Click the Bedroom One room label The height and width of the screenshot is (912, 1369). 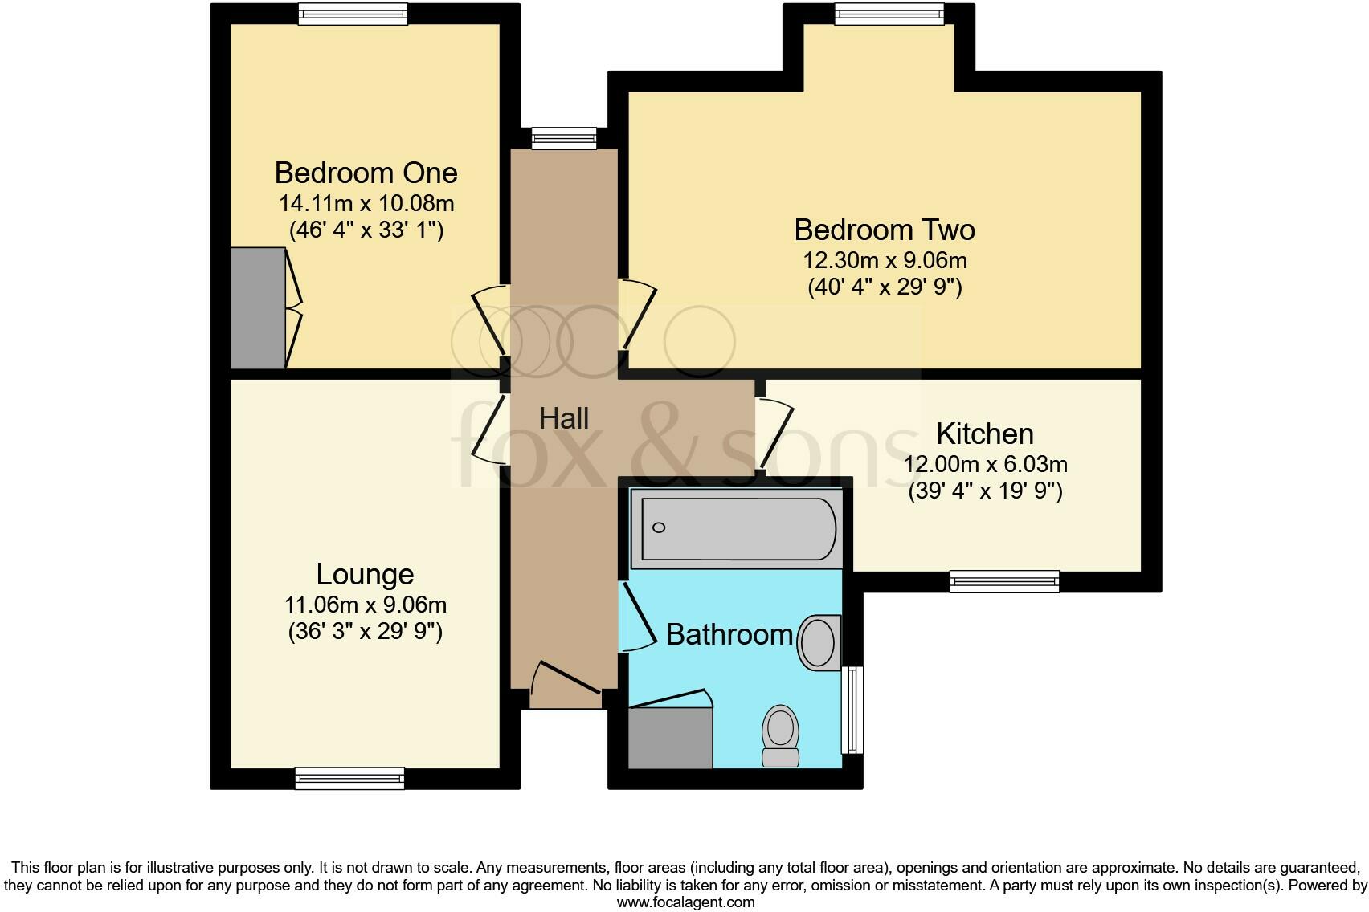(x=366, y=173)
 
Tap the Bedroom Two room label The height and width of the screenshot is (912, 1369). (x=885, y=230)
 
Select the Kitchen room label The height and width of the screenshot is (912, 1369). (x=985, y=434)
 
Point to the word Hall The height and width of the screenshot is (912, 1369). (x=564, y=418)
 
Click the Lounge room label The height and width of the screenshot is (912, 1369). (x=365, y=574)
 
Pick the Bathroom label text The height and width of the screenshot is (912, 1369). (x=729, y=634)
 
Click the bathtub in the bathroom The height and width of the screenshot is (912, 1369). (x=736, y=528)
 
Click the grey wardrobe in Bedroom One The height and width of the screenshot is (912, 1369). (x=258, y=308)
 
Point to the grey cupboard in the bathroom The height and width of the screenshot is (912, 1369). (x=670, y=737)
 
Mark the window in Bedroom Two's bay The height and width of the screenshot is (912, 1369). (x=889, y=14)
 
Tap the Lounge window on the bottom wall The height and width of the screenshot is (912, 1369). (x=349, y=777)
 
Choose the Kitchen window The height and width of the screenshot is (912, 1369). (x=1004, y=581)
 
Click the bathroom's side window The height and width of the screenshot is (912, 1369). (x=852, y=710)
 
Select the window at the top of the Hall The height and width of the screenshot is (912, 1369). (x=564, y=138)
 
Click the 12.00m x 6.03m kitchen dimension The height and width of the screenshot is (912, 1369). (x=985, y=464)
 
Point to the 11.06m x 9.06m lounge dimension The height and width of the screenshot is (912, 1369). (x=365, y=605)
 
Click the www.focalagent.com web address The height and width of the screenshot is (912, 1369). (x=685, y=902)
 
